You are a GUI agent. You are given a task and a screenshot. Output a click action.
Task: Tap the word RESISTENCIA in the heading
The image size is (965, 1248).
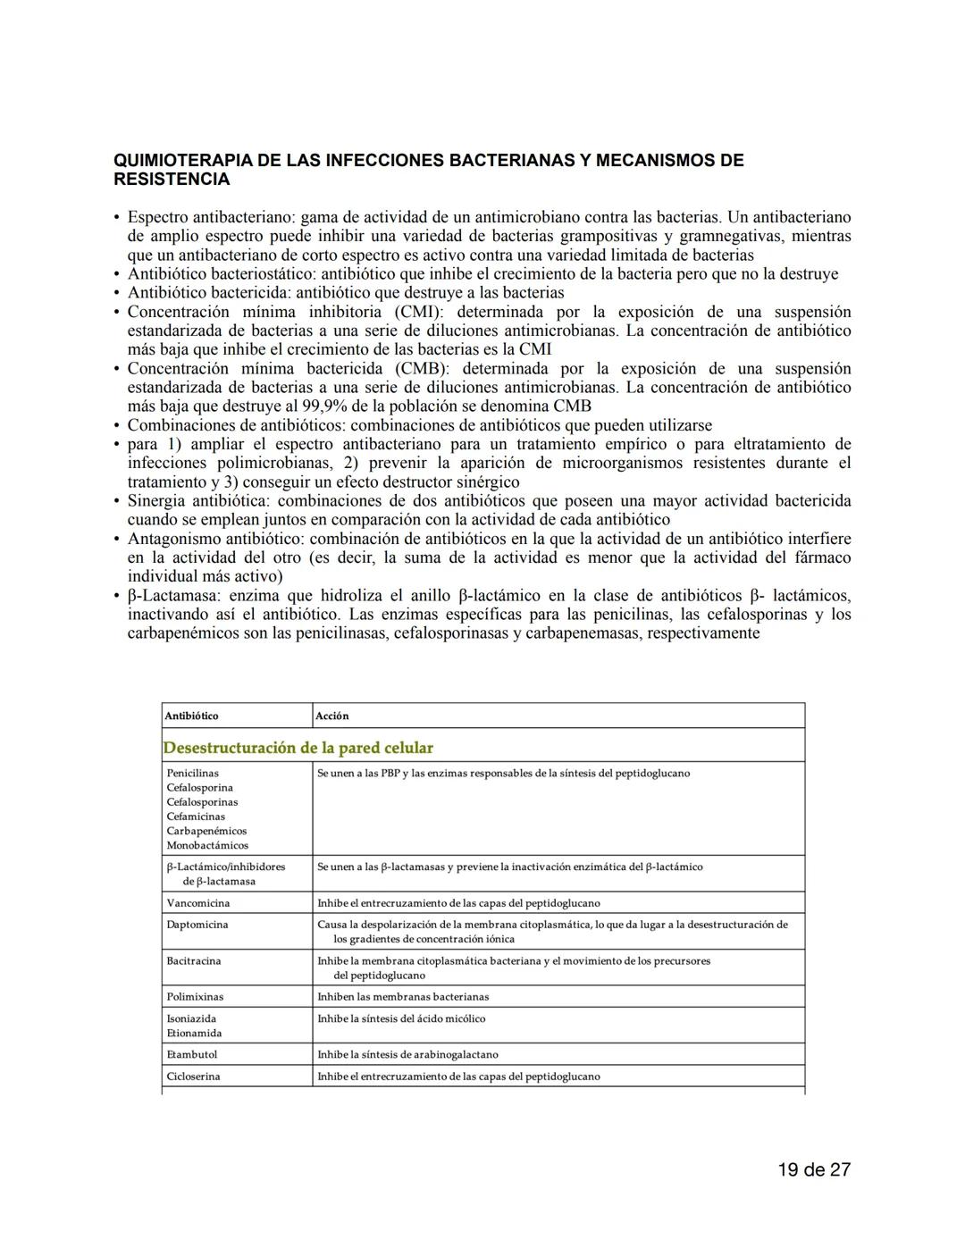pos(172,180)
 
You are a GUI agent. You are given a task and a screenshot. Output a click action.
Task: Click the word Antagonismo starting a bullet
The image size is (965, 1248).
pos(176,539)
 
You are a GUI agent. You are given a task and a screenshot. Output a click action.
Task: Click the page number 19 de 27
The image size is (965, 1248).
pos(813,1169)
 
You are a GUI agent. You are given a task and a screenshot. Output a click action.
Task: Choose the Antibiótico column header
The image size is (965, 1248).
pos(191,716)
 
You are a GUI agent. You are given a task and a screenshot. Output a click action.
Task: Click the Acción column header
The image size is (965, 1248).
pos(331,716)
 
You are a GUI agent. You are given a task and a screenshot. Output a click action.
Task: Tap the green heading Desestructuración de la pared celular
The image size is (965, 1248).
pos(298,748)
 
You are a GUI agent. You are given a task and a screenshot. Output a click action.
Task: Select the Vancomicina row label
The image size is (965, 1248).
pos(197,903)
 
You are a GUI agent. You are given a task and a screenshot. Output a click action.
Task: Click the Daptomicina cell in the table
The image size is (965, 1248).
pos(197,925)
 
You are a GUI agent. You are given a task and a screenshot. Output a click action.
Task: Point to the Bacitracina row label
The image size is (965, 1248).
pos(193,961)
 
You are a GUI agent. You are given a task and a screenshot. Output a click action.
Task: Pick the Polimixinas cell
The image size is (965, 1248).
pos(195,997)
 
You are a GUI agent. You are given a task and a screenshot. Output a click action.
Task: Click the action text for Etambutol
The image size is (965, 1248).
pos(407,1055)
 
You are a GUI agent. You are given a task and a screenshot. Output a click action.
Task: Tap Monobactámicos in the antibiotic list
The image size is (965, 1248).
pos(207,845)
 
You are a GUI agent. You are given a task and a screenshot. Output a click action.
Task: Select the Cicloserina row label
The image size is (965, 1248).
pos(193,1076)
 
